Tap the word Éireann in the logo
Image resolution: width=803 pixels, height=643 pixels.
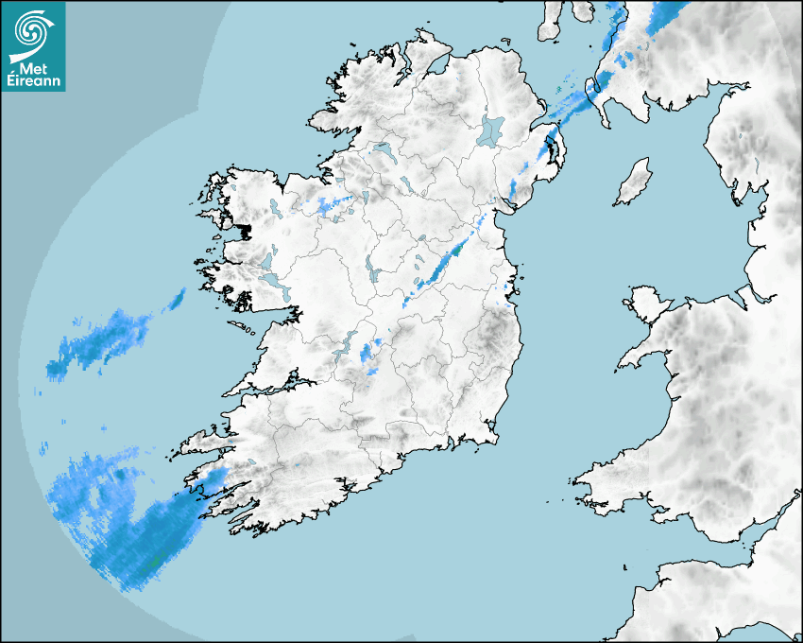33,80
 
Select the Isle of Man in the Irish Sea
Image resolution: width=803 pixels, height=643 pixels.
634,182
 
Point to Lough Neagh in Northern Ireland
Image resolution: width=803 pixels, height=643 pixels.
491,130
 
